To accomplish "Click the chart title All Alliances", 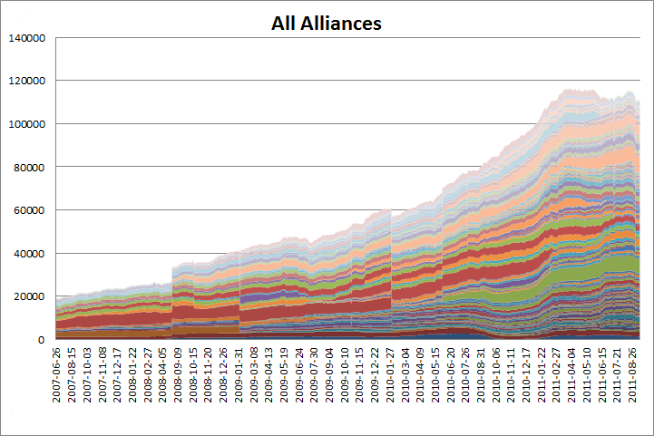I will pyautogui.click(x=327, y=23).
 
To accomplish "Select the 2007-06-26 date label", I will pyautogui.click(x=59, y=374).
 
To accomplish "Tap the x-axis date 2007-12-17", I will pyautogui.click(x=118, y=374).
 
